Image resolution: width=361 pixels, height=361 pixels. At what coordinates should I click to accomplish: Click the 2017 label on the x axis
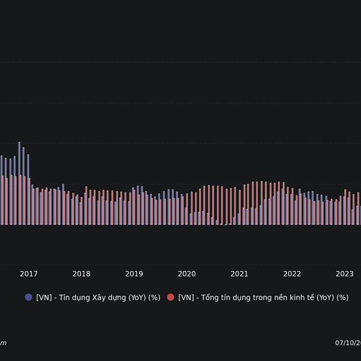(28, 274)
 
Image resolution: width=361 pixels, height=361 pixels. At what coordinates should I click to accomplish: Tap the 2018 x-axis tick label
(81, 274)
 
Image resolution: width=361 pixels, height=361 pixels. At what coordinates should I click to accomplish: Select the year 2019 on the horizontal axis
(134, 274)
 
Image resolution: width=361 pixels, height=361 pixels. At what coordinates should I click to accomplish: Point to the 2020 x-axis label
(187, 274)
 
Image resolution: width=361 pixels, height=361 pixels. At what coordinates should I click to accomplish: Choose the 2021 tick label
(239, 274)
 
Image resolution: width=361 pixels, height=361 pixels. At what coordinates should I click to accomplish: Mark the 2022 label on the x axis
(292, 274)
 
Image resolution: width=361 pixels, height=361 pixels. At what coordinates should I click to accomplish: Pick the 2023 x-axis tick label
(345, 274)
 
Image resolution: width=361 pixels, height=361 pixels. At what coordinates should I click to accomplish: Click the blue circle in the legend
(28, 297)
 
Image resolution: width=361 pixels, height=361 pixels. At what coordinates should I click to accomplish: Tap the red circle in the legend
(170, 297)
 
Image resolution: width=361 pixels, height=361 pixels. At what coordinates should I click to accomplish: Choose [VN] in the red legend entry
(187, 297)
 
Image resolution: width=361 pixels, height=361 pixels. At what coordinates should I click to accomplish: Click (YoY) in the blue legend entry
(139, 297)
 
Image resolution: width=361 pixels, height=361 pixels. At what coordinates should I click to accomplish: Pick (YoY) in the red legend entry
(326, 297)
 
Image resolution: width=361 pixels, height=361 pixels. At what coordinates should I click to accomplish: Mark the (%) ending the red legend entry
(343, 297)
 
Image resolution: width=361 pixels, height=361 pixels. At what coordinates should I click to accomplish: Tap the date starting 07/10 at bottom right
(348, 343)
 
